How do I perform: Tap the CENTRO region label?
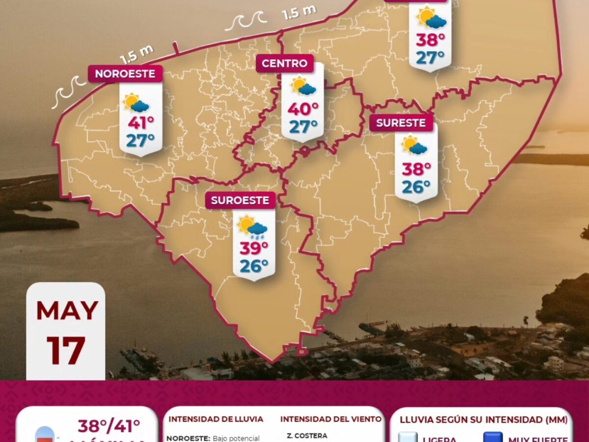tap(285, 63)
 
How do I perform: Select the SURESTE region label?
tap(401, 123)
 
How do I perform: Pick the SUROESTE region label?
tap(240, 200)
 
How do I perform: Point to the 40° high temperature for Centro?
tap(303, 108)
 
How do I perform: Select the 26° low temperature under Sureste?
tap(416, 187)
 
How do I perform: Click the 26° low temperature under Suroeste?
tap(253, 266)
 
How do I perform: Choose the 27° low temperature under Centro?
tap(303, 127)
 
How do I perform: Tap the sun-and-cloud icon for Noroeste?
tap(135, 103)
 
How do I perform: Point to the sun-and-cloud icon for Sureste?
tap(414, 145)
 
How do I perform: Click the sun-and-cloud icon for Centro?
tap(303, 86)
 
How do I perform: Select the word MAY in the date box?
tap(67, 310)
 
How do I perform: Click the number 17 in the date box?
tap(66, 350)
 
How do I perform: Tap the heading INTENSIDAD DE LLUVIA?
tap(216, 419)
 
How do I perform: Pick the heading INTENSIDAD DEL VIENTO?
tap(331, 419)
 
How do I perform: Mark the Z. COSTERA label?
tap(307, 436)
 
